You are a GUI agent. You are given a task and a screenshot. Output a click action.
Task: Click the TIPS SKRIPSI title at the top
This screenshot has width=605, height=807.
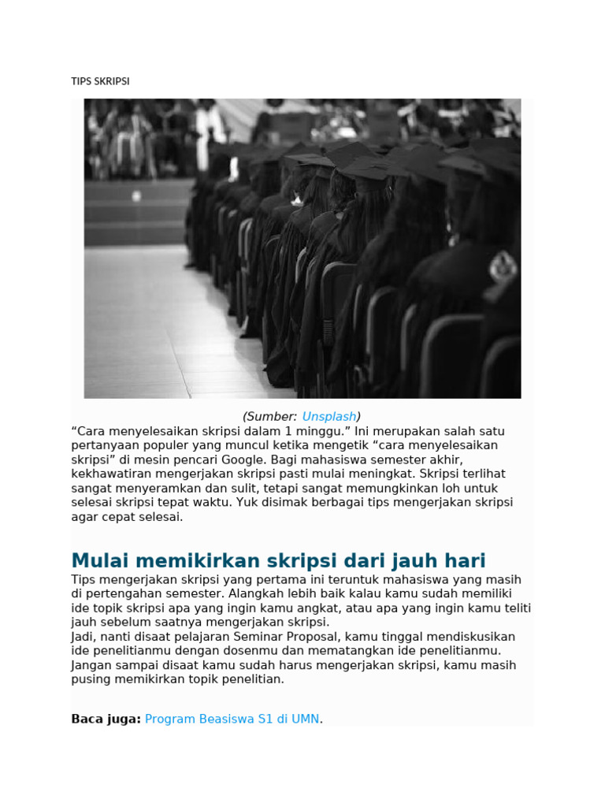(x=100, y=81)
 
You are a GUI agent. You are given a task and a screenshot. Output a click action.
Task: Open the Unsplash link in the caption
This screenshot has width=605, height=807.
(x=329, y=416)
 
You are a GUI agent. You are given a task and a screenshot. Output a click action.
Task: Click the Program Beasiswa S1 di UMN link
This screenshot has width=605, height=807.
(x=232, y=719)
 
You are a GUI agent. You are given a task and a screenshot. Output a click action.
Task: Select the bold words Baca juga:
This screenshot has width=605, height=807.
(x=106, y=719)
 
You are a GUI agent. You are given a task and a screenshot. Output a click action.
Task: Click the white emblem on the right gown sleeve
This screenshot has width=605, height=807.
(x=502, y=267)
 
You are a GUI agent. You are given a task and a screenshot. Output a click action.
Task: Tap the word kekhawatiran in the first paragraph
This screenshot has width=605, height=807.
(x=108, y=474)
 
